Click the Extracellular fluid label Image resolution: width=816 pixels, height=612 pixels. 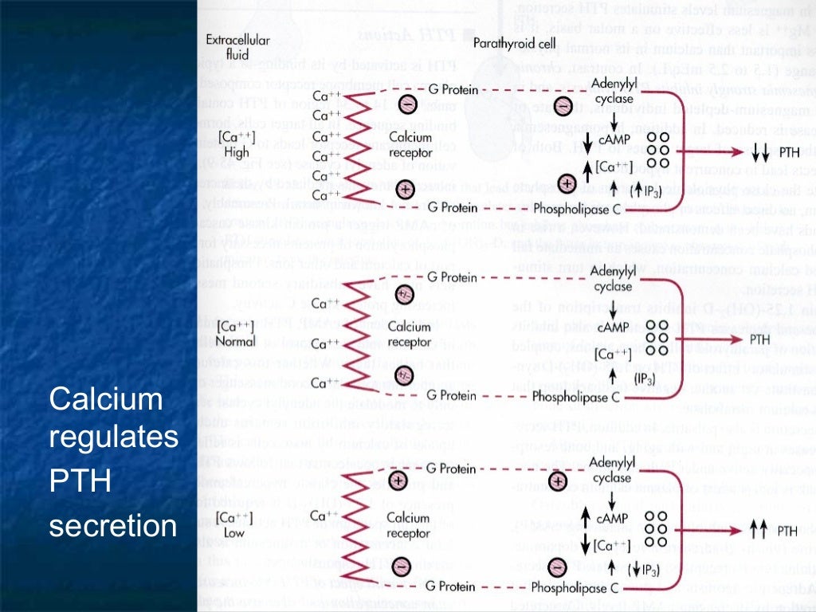pos(237,47)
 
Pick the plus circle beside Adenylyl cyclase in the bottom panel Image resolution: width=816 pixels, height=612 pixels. pos(559,481)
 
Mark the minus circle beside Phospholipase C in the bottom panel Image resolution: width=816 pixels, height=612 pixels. pos(557,566)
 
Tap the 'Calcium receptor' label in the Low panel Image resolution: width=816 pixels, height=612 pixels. pos(410,524)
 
